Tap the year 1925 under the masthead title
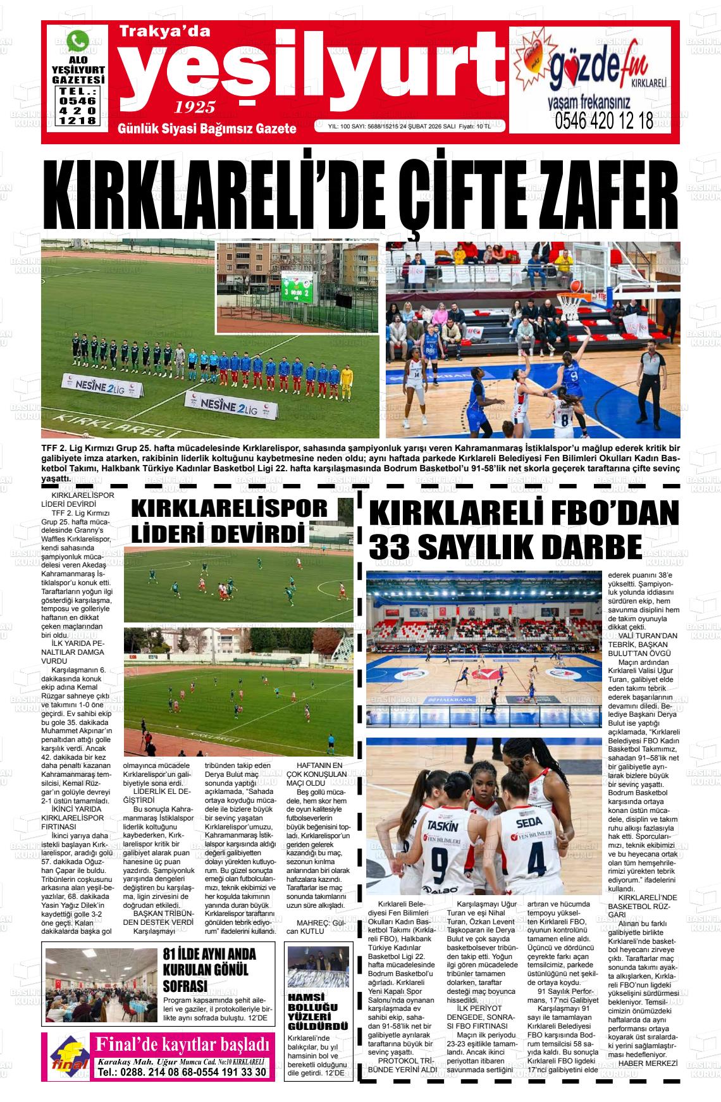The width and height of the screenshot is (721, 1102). pyautogui.click(x=195, y=106)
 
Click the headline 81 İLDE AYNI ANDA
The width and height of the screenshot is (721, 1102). pyautogui.click(x=209, y=955)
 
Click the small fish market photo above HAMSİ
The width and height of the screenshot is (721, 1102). pyautogui.click(x=317, y=966)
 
